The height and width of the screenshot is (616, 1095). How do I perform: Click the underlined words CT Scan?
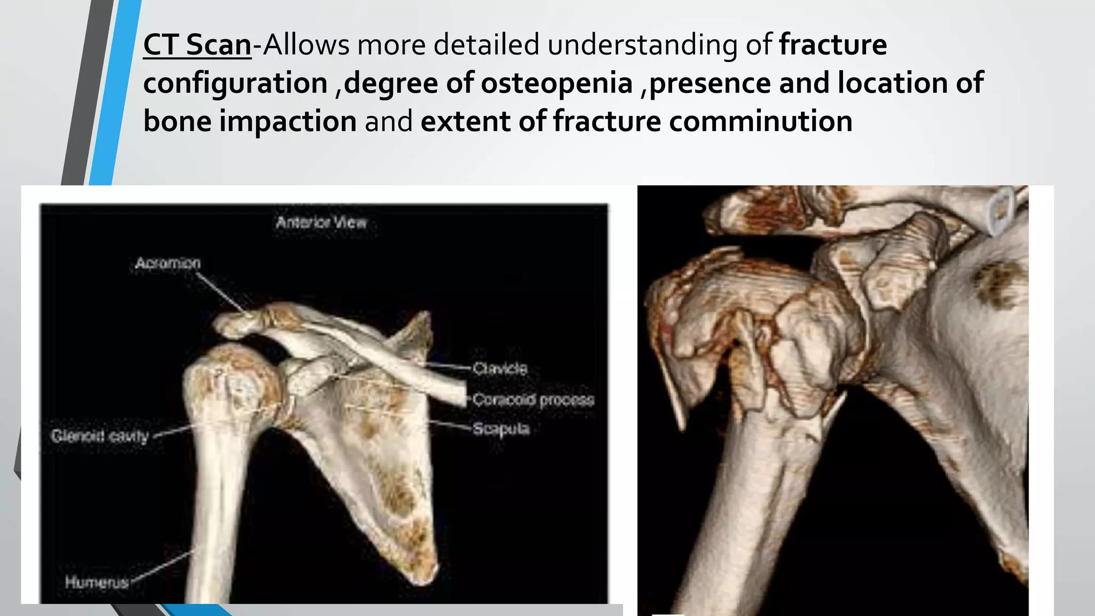(197, 45)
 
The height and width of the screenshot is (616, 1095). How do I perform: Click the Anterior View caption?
(321, 222)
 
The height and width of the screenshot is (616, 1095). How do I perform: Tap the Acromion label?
(168, 263)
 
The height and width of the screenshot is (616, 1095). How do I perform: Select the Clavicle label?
(500, 368)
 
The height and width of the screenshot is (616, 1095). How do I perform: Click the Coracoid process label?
(533, 399)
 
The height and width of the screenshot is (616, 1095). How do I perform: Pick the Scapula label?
(501, 428)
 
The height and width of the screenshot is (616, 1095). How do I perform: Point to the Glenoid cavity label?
(99, 436)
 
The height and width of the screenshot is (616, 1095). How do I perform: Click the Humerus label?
(97, 582)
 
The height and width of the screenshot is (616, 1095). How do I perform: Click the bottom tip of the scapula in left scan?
(422, 575)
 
